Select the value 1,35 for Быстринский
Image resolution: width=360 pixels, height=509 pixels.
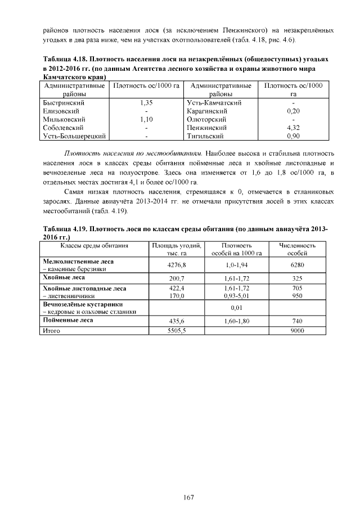146,103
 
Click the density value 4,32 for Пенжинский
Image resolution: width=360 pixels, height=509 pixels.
293,128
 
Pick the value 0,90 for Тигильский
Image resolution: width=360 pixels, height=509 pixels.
293,136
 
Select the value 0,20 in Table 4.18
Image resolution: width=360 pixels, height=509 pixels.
293,111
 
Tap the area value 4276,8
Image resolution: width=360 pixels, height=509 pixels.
177,265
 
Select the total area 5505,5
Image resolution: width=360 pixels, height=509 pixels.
177,331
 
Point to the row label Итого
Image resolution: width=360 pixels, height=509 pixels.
52,331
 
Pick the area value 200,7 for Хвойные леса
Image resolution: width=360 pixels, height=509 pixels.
177,278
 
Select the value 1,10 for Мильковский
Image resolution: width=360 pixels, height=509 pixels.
146,120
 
